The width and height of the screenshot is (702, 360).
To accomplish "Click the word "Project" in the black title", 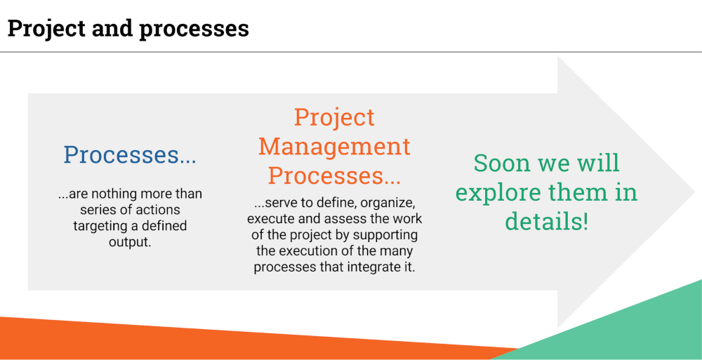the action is [46, 29].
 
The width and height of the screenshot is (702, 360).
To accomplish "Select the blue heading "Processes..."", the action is [130, 155].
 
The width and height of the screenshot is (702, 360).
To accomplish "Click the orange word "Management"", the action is [334, 146].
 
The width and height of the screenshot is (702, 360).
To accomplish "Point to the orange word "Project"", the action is [334, 117].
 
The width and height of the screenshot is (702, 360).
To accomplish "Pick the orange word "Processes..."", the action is [334, 175].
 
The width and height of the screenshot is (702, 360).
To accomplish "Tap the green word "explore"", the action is [495, 193].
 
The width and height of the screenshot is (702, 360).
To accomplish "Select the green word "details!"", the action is [547, 222].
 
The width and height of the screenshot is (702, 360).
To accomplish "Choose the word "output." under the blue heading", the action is [130, 242].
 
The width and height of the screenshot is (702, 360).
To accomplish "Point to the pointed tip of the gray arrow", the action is [694, 192].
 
